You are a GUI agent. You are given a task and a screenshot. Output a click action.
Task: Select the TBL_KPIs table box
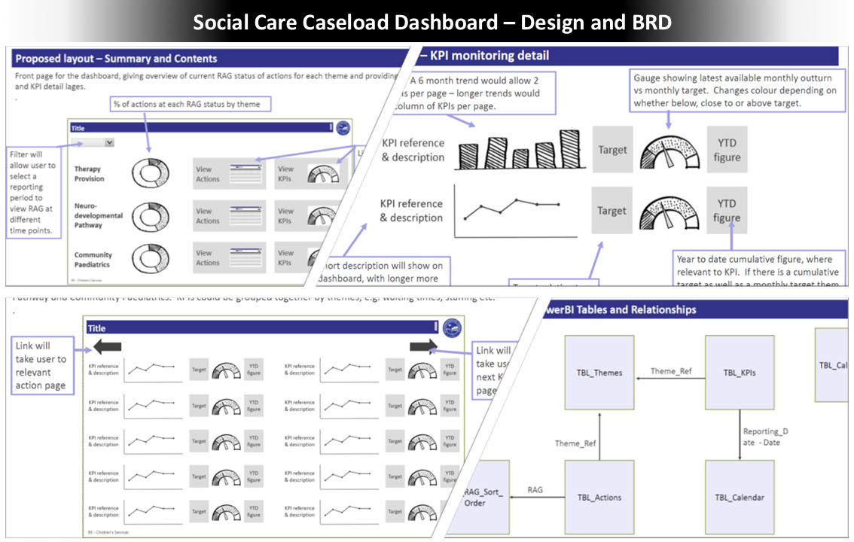(x=740, y=373)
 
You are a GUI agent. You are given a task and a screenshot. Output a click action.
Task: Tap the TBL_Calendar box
(x=740, y=497)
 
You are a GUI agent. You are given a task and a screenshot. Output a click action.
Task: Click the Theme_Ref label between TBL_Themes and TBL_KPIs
(x=671, y=371)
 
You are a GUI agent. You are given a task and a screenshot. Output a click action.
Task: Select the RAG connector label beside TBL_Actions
(x=535, y=490)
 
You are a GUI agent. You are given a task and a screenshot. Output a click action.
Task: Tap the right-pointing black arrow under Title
(x=423, y=346)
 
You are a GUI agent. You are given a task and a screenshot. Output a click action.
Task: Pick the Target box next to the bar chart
(x=612, y=150)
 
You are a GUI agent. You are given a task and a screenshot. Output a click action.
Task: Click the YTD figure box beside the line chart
(x=727, y=211)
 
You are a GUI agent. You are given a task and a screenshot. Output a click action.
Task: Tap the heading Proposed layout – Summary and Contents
(x=117, y=59)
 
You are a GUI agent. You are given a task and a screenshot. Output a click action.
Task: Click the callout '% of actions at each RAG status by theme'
(x=186, y=104)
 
